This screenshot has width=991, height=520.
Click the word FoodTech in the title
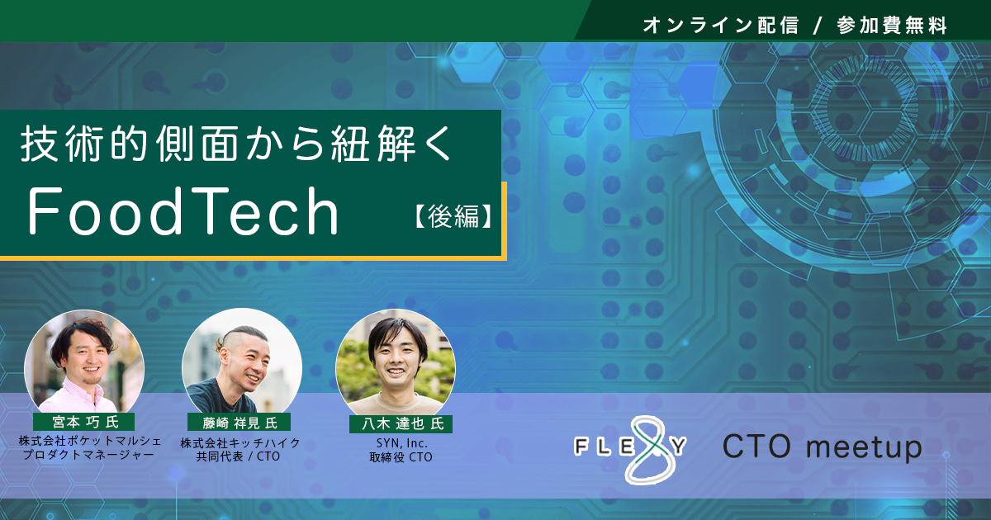pos(183,210)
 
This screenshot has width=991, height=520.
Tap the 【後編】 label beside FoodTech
pos(453,216)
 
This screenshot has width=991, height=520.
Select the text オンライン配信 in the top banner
pos(721,26)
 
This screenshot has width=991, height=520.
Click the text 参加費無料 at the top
pos(892,26)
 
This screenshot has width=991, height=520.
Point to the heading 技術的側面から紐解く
pos(236,144)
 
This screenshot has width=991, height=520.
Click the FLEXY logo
pos(630,448)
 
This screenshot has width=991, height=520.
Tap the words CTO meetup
pos(823,447)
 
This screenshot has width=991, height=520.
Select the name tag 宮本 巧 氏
pos(84,422)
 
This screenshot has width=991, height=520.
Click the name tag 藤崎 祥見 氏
pos(239,423)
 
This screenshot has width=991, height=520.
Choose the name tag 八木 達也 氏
pos(401,423)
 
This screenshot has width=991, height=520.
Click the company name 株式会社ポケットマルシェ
pos(90,441)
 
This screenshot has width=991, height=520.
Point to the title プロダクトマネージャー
pos(88,455)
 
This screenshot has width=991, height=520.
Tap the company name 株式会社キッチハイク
pos(240,442)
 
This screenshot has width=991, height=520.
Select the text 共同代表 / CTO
pos(239,456)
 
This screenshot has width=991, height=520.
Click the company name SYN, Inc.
pos(401,442)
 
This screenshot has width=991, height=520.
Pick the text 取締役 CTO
pos(401,456)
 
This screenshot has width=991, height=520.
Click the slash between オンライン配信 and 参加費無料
pos(817,26)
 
